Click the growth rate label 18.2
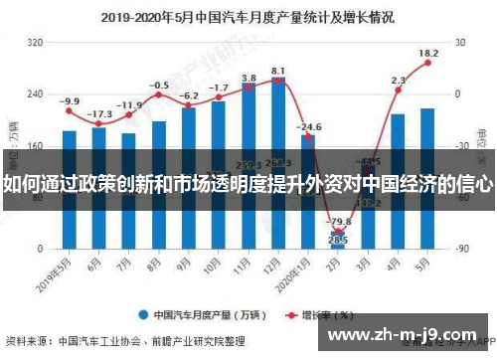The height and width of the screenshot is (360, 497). coord(428,53)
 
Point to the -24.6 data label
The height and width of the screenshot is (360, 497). coord(310,127)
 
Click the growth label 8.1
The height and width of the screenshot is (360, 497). coord(278,71)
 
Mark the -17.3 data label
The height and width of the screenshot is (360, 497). coord(99,114)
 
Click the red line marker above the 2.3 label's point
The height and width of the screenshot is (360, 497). coord(398,90)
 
